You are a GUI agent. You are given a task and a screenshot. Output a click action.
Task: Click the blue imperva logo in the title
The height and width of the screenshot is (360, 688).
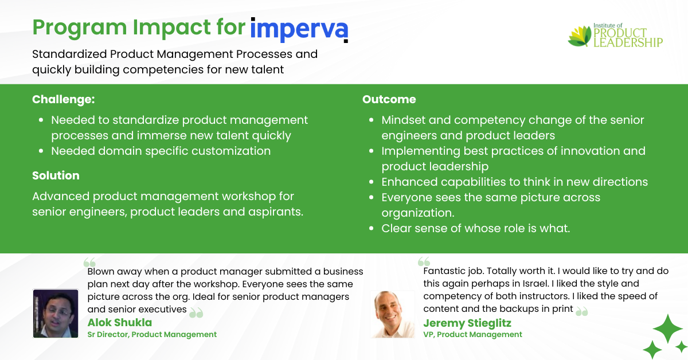point(299,30)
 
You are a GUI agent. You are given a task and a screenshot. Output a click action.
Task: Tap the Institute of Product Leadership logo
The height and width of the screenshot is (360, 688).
point(615,36)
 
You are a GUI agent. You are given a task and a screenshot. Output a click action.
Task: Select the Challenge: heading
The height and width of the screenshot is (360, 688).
point(64,100)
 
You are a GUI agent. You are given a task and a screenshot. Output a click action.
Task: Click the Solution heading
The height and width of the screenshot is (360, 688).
point(56,175)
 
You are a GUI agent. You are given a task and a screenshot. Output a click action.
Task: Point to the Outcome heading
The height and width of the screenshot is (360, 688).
point(389,99)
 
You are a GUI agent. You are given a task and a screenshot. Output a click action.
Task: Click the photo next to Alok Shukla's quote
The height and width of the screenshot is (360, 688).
point(56,314)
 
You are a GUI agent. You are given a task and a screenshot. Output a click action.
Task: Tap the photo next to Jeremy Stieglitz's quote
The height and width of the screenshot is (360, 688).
point(393,314)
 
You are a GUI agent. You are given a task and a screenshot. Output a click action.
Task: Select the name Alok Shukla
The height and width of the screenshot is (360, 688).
point(120,323)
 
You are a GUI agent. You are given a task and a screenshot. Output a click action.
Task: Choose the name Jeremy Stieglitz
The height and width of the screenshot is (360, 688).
point(467,323)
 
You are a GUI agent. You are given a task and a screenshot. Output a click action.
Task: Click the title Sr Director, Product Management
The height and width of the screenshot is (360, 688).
point(152,335)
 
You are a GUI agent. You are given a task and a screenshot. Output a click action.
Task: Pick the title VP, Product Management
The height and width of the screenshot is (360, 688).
point(472,335)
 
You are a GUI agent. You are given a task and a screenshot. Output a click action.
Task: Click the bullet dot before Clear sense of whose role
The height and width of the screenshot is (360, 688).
point(372,229)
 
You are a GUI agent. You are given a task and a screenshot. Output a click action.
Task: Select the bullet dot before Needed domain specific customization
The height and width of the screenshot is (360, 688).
point(41,151)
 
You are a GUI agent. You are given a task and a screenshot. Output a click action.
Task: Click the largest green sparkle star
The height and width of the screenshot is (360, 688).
point(668,328)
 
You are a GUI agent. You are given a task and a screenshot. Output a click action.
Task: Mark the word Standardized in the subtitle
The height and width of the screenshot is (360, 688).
point(70,54)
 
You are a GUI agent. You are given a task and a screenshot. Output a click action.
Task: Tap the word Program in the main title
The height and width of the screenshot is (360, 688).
point(80,28)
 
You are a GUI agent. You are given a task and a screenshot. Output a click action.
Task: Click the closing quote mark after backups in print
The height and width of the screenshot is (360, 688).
point(581,311)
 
